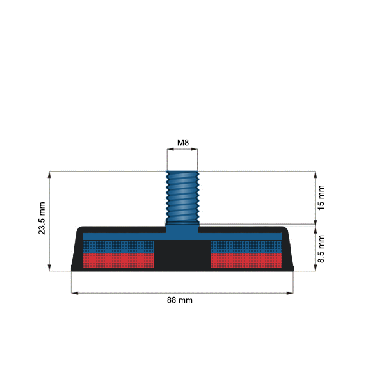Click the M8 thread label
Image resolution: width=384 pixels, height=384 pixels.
click(x=182, y=142)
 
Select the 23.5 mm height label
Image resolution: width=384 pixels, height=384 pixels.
click(x=42, y=220)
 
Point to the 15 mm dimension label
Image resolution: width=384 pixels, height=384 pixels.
click(x=321, y=197)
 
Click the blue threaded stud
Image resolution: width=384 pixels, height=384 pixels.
click(x=182, y=195)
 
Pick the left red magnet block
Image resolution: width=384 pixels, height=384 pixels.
click(x=119, y=259)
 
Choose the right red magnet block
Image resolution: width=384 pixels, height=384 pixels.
click(x=246, y=259)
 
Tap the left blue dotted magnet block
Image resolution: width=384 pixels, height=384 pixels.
click(x=119, y=246)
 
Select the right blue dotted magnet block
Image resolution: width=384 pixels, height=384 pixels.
click(x=246, y=246)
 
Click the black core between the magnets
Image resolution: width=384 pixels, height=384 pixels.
click(x=182, y=254)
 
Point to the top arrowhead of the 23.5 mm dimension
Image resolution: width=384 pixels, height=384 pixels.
click(x=49, y=174)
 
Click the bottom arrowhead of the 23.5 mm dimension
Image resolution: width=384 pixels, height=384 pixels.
click(x=49, y=268)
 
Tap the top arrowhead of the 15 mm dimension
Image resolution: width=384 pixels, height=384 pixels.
click(x=315, y=174)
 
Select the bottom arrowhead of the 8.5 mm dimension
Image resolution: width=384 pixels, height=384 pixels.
click(x=315, y=268)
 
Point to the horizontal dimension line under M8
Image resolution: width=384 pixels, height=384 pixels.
click(x=182, y=150)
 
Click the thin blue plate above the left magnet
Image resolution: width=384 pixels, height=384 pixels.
click(x=119, y=236)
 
